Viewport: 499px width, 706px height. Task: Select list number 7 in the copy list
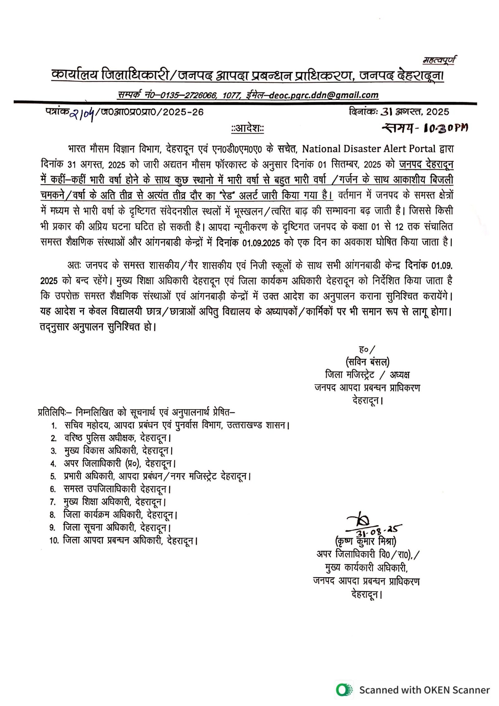click(x=53, y=502)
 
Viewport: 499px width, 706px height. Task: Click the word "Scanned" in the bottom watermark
click(x=379, y=690)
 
